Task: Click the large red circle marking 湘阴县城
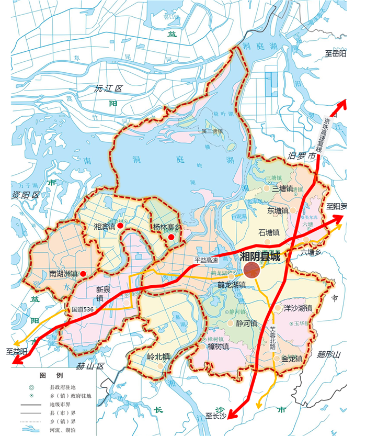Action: pyautogui.click(x=252, y=270)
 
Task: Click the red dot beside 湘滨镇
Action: pyautogui.click(x=121, y=226)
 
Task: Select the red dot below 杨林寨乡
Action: pyautogui.click(x=171, y=238)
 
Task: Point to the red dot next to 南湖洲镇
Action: pyautogui.click(x=83, y=273)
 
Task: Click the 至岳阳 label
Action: pyautogui.click(x=336, y=53)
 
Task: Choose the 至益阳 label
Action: pyautogui.click(x=16, y=351)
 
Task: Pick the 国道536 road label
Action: pyautogui.click(x=83, y=310)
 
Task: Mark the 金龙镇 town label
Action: pyautogui.click(x=292, y=359)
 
